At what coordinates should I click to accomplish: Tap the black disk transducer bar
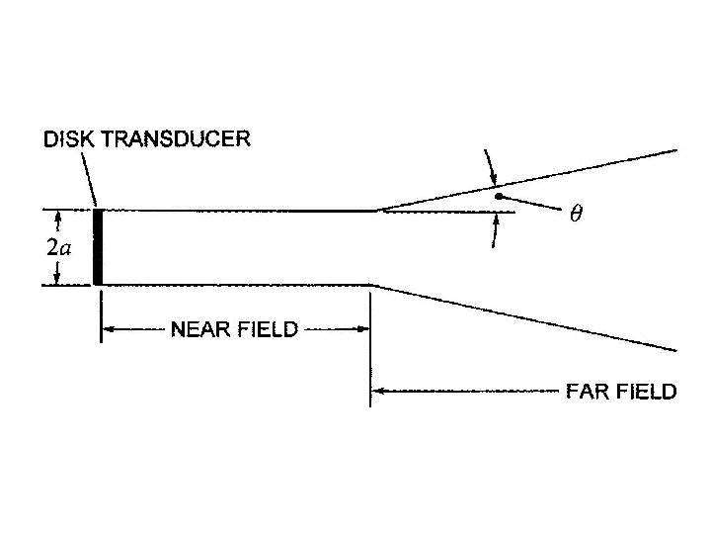tap(98, 247)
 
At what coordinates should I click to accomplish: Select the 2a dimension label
tap(58, 247)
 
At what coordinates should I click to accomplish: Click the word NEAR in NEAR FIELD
tap(201, 329)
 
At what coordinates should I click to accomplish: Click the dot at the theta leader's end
tap(500, 197)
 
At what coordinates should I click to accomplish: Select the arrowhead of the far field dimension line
tap(379, 392)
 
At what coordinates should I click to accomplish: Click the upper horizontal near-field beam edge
tap(237, 210)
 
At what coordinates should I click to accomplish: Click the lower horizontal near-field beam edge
tap(237, 285)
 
